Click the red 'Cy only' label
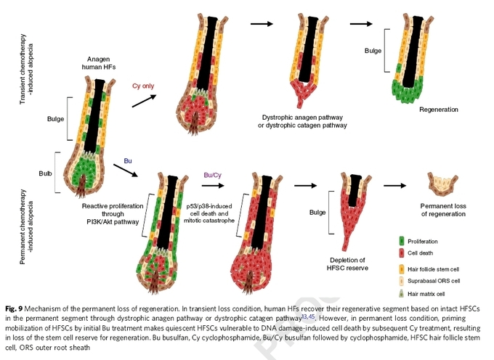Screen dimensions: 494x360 coord(143,86)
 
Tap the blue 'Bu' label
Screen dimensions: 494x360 coord(128,161)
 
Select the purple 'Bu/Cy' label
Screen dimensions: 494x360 coord(213,175)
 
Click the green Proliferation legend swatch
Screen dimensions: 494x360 coord(402,241)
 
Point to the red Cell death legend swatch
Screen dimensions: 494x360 coord(402,253)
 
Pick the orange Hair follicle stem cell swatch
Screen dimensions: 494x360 coord(402,269)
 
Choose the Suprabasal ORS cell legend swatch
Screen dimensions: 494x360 coord(402,281)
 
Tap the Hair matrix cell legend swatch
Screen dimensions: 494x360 coord(401,294)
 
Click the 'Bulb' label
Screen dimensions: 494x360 coord(45,173)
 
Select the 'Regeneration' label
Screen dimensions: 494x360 coord(439,110)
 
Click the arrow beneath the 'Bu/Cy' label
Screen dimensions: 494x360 coord(213,186)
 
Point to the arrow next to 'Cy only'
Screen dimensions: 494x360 coord(144,101)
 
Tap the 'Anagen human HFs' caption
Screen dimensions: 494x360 coord(99,63)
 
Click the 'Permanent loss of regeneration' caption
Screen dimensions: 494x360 coord(443,210)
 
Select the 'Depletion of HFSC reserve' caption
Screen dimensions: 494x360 coord(347,264)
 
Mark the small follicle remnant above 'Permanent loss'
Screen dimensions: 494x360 coord(442,184)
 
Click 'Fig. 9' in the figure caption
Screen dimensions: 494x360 coord(14,308)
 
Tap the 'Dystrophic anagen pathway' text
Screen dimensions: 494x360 coord(302,118)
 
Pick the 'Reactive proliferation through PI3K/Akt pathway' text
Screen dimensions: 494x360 coord(113,214)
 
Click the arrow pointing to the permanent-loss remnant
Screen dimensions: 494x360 coord(395,186)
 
